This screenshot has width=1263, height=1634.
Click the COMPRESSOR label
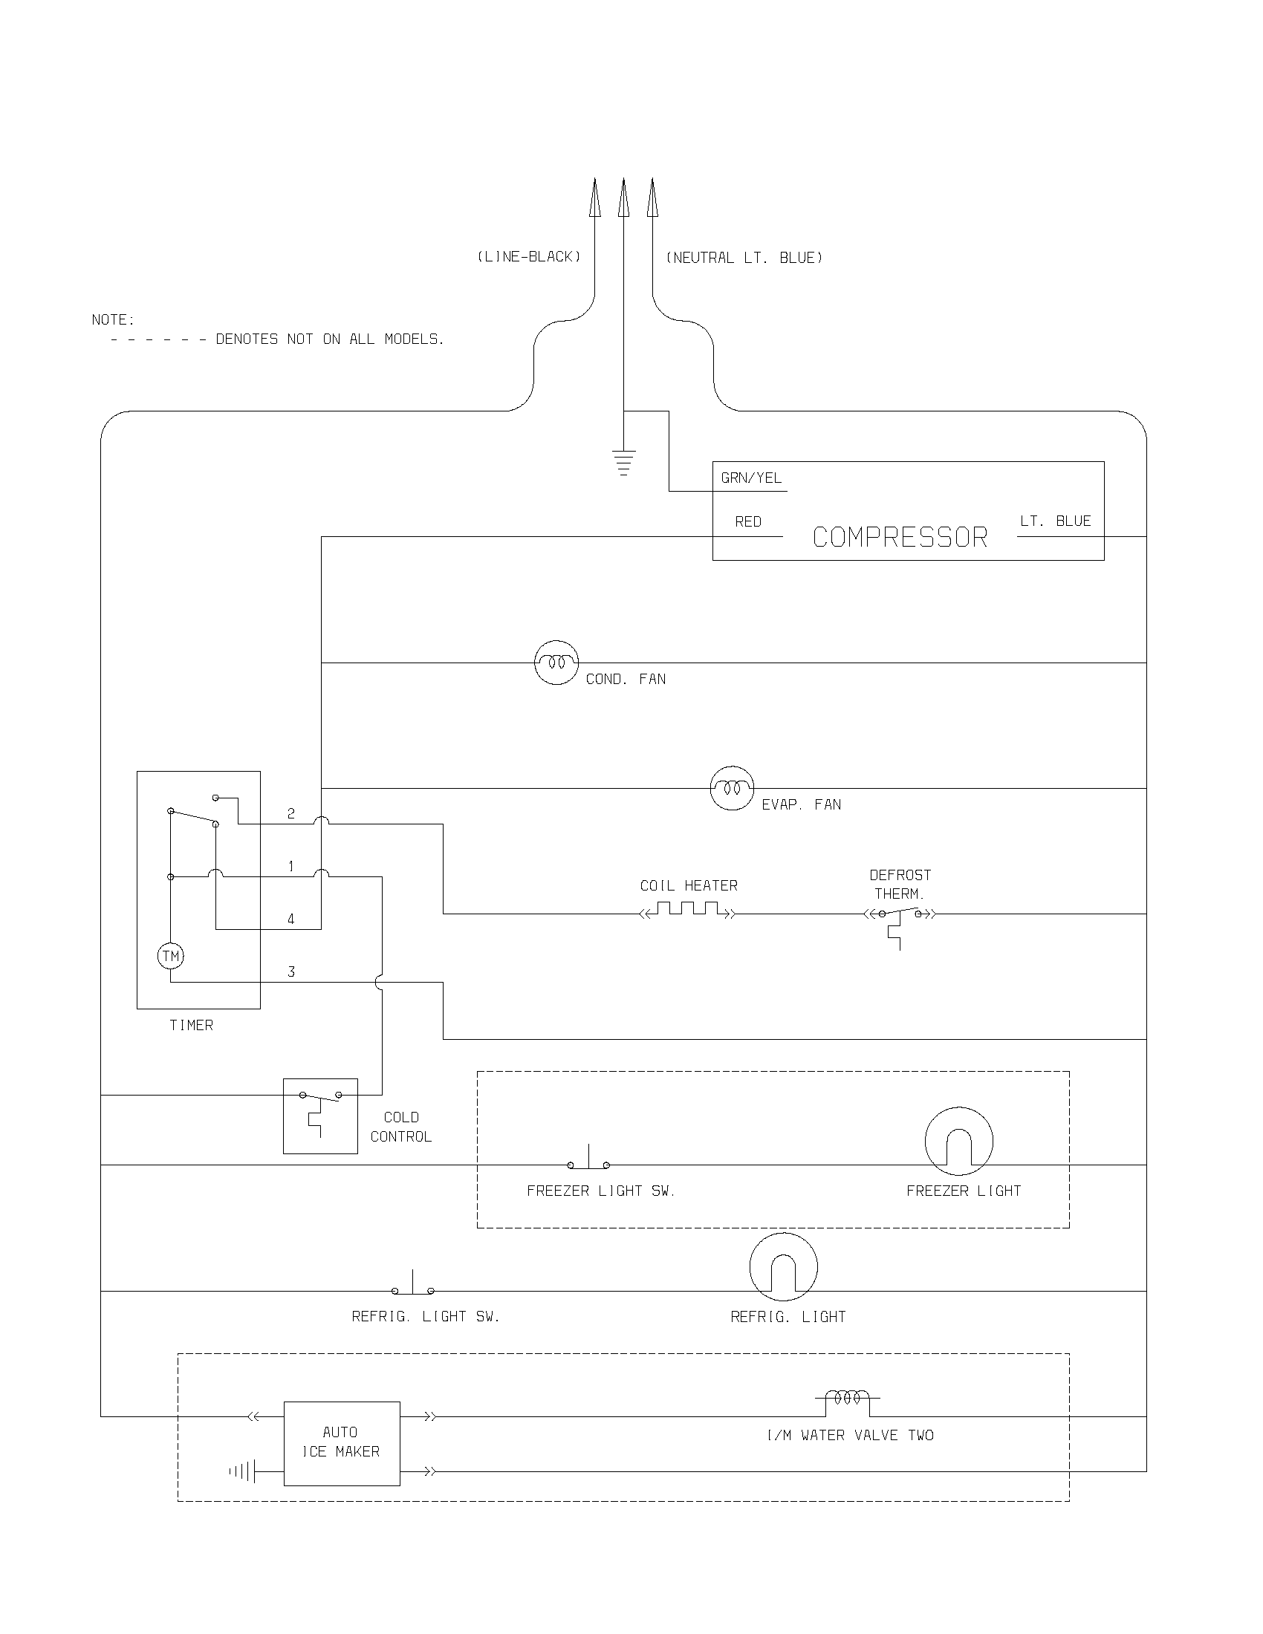(x=900, y=537)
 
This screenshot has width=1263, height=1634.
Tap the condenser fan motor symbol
(x=556, y=662)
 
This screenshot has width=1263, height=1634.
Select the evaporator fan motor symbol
(x=732, y=788)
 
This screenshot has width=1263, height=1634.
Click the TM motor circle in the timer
(x=171, y=955)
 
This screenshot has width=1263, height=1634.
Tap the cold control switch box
(x=320, y=1116)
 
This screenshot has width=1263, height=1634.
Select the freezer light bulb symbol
(x=958, y=1141)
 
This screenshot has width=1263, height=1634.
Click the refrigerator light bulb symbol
(x=783, y=1267)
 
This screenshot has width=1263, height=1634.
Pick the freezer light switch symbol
(x=588, y=1162)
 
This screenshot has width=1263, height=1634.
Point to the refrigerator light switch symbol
(x=413, y=1288)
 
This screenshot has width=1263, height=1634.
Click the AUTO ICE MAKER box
(x=342, y=1443)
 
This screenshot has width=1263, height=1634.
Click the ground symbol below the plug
(x=623, y=463)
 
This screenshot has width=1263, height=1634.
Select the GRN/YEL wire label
(x=751, y=478)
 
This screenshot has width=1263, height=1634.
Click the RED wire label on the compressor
(x=748, y=521)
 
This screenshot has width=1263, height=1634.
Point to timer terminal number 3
(x=291, y=972)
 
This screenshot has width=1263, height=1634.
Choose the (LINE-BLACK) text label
(x=529, y=257)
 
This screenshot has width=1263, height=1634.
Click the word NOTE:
(x=113, y=320)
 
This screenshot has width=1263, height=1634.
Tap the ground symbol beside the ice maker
(x=243, y=1471)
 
